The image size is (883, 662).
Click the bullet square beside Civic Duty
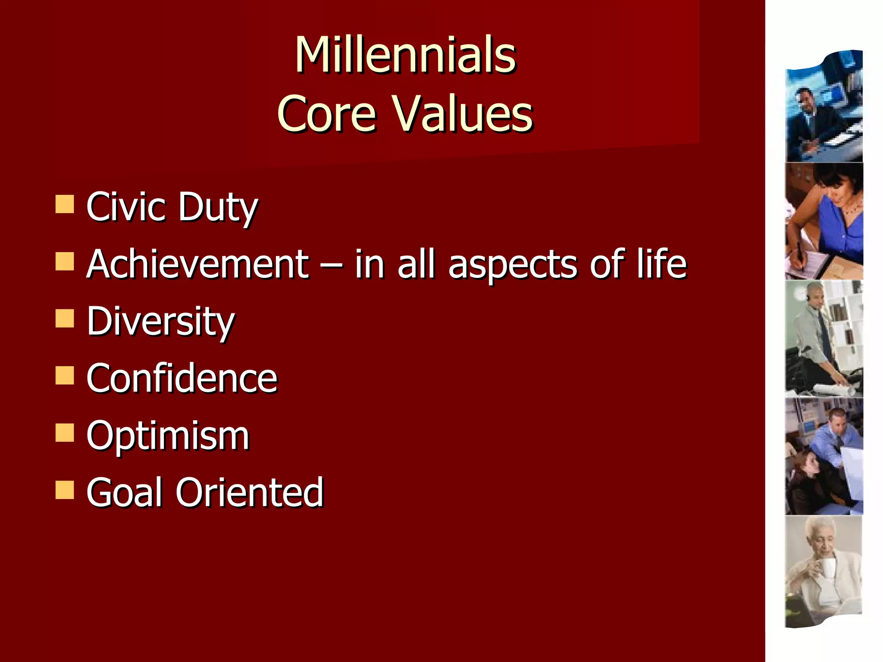click(x=65, y=204)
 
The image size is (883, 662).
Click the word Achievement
click(x=197, y=264)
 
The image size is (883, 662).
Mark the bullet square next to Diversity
click(x=65, y=319)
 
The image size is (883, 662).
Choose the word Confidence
click(x=182, y=378)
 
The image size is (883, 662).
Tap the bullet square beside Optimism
click(x=65, y=433)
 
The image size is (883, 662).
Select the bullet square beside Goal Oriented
click(x=65, y=490)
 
